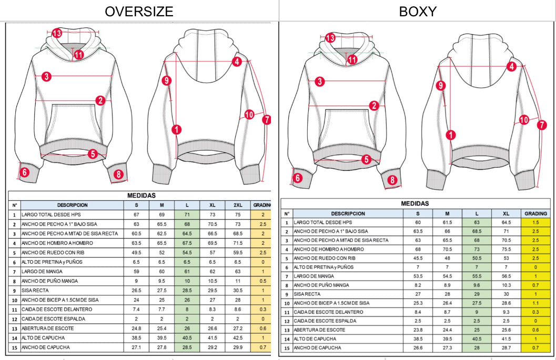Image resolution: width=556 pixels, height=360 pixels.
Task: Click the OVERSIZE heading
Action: click(139, 11)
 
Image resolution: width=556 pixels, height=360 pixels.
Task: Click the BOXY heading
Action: click(418, 11)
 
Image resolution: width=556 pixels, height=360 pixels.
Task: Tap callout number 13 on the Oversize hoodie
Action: click(57, 33)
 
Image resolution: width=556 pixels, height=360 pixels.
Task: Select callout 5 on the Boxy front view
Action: click(366, 159)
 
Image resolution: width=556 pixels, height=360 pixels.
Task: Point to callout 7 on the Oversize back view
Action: click(267, 119)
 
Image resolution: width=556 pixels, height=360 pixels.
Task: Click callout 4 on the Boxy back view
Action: click(511, 66)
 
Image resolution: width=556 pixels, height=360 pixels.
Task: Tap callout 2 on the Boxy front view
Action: click(374, 106)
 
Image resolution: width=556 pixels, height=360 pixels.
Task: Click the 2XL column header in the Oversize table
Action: click(238, 205)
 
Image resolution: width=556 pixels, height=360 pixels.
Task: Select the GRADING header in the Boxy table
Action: click(536, 213)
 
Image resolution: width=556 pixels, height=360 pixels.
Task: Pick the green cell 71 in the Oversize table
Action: click(187, 214)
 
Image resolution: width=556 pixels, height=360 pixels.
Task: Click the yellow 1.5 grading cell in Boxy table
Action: click(536, 222)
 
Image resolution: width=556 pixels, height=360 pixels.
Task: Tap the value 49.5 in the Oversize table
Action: click(136, 252)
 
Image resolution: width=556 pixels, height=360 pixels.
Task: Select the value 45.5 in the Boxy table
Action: click(418, 258)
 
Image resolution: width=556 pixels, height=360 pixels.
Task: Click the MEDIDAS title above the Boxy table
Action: click(415, 203)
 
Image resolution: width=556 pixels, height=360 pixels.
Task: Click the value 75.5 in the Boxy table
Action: click(507, 249)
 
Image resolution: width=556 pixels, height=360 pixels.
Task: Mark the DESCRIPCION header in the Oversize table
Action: click(72, 205)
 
